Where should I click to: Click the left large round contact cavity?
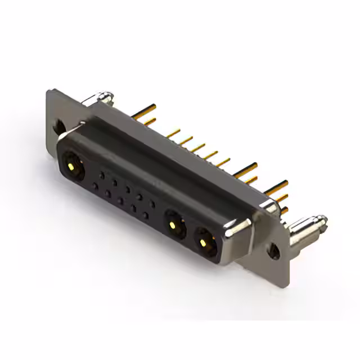click(x=72, y=165)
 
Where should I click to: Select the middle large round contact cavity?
click(x=175, y=226)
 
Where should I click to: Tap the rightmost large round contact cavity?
click(x=205, y=241)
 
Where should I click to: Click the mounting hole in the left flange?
click(x=58, y=127)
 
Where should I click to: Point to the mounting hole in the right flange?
click(x=274, y=250)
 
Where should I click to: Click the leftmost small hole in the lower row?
click(x=95, y=186)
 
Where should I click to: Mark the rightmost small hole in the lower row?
click(x=146, y=215)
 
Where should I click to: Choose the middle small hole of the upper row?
click(x=127, y=189)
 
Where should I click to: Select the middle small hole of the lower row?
click(x=120, y=200)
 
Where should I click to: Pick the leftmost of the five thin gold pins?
click(x=174, y=133)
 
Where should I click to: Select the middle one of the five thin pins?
click(x=198, y=147)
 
